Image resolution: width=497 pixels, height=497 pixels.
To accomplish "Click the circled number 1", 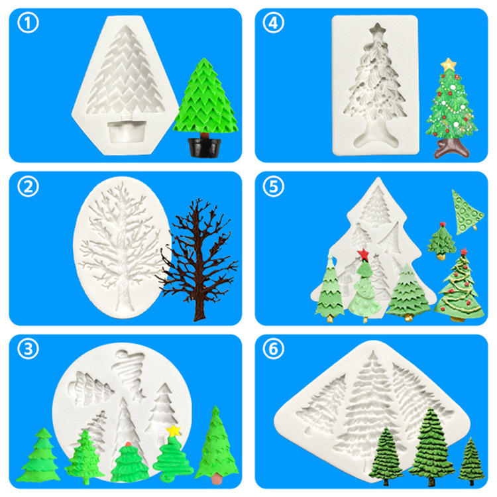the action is pyautogui.click(x=28, y=23).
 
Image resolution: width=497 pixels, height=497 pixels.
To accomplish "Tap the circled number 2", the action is pyautogui.click(x=28, y=186).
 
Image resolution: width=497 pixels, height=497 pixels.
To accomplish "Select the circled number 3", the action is pyautogui.click(x=28, y=349).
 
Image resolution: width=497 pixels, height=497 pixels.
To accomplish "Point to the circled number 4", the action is pyautogui.click(x=273, y=23).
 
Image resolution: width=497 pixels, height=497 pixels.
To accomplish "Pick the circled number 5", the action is pyautogui.click(x=273, y=186).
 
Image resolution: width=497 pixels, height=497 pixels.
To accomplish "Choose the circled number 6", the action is pyautogui.click(x=273, y=349).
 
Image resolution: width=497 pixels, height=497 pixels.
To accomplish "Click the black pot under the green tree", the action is pyautogui.click(x=205, y=148).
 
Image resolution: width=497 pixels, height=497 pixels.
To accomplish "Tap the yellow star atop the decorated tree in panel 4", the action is pyautogui.click(x=448, y=65).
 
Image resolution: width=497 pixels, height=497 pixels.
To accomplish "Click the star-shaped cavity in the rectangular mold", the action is pyautogui.click(x=378, y=30).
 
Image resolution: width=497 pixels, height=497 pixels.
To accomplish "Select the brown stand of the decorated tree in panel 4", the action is pyautogui.click(x=451, y=148).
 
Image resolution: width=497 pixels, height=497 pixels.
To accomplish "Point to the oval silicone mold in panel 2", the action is pyautogui.click(x=122, y=247).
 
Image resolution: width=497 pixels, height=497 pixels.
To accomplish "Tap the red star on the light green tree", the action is pyautogui.click(x=363, y=254).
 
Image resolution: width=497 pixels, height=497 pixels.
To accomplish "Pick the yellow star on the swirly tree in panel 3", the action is pyautogui.click(x=174, y=431).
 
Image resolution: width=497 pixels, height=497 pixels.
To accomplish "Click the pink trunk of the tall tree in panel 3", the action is pyautogui.click(x=216, y=478).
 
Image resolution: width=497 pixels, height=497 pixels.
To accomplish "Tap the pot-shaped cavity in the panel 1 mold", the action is pyautogui.click(x=127, y=131).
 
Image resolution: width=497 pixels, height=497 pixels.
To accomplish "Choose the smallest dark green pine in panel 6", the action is pyautogui.click(x=471, y=461).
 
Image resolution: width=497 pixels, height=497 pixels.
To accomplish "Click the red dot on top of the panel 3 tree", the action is pyautogui.click(x=128, y=444).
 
